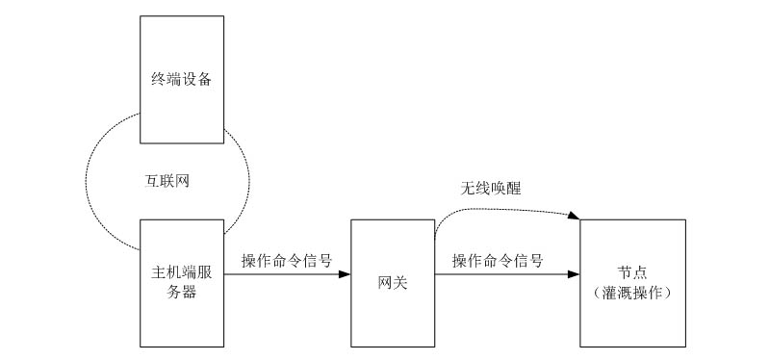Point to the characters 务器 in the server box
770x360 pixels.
click(x=182, y=293)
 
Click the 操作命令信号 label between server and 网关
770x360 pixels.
click(x=288, y=260)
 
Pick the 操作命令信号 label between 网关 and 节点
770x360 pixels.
click(x=498, y=260)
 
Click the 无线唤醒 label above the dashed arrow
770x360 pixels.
click(x=489, y=189)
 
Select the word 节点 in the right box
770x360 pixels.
click(x=632, y=272)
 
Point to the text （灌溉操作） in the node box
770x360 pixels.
click(x=632, y=292)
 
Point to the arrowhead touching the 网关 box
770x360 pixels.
click(x=345, y=274)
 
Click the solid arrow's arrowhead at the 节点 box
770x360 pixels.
click(x=575, y=274)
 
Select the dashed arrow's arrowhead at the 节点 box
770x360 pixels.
click(x=576, y=218)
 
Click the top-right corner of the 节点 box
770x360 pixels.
click(x=686, y=219)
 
